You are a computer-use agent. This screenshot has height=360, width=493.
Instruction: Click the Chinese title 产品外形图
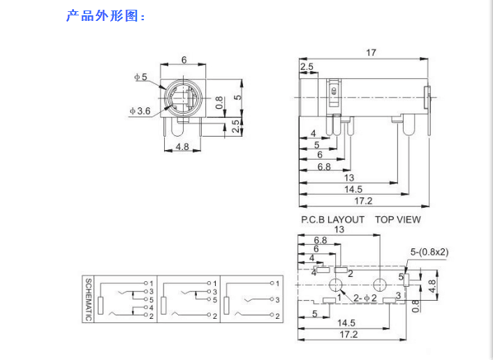click(x=105, y=15)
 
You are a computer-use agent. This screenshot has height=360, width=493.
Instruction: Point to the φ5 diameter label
click(x=141, y=77)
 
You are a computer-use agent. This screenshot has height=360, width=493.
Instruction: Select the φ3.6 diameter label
click(x=140, y=111)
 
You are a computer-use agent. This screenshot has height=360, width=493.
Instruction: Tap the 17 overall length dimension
click(x=371, y=53)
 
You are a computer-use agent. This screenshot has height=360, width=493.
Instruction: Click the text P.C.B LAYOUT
click(x=332, y=219)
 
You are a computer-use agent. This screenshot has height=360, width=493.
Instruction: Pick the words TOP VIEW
click(x=398, y=219)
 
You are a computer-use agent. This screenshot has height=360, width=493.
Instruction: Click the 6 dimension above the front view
click(x=184, y=60)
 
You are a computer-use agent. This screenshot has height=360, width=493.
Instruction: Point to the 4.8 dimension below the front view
click(x=182, y=147)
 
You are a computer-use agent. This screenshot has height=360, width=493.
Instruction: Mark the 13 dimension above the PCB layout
click(x=339, y=230)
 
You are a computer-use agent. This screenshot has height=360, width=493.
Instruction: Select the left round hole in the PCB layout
click(x=337, y=285)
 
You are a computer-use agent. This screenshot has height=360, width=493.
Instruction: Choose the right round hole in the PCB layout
click(x=380, y=285)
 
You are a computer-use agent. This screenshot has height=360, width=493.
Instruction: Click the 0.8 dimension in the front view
click(x=219, y=103)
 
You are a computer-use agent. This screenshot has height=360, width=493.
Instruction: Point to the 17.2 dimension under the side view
click(x=363, y=201)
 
